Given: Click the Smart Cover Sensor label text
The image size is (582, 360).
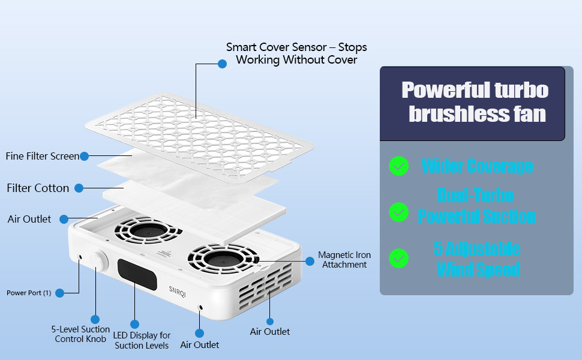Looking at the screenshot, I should pyautogui.click(x=296, y=53).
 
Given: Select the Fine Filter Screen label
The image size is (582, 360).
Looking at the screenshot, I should pyautogui.click(x=42, y=156).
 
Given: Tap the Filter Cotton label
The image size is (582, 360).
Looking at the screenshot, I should pyautogui.click(x=38, y=188).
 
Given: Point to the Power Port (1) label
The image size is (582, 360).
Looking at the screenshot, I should pyautogui.click(x=29, y=293).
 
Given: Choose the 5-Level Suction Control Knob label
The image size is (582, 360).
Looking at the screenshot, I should pyautogui.click(x=81, y=334).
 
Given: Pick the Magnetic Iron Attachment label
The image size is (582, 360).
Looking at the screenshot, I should pyautogui.click(x=344, y=260).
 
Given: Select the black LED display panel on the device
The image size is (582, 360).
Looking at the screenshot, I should pyautogui.click(x=137, y=275).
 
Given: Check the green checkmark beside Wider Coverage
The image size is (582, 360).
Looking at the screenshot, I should pyautogui.click(x=398, y=166).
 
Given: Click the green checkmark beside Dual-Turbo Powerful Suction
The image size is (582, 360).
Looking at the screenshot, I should pyautogui.click(x=398, y=211).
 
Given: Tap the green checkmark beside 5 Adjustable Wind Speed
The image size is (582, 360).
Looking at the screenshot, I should pyautogui.click(x=398, y=258).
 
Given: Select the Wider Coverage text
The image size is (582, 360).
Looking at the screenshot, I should pyautogui.click(x=477, y=166).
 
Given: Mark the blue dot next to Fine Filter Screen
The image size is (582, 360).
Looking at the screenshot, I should pyautogui.click(x=84, y=156).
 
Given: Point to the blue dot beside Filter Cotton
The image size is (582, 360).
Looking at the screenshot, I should pyautogui.click(x=79, y=188).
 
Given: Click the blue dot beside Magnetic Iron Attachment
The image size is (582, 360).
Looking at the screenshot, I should pyautogui.click(x=310, y=261).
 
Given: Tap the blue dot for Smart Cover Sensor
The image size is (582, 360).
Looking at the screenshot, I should pyautogui.click(x=222, y=64).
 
